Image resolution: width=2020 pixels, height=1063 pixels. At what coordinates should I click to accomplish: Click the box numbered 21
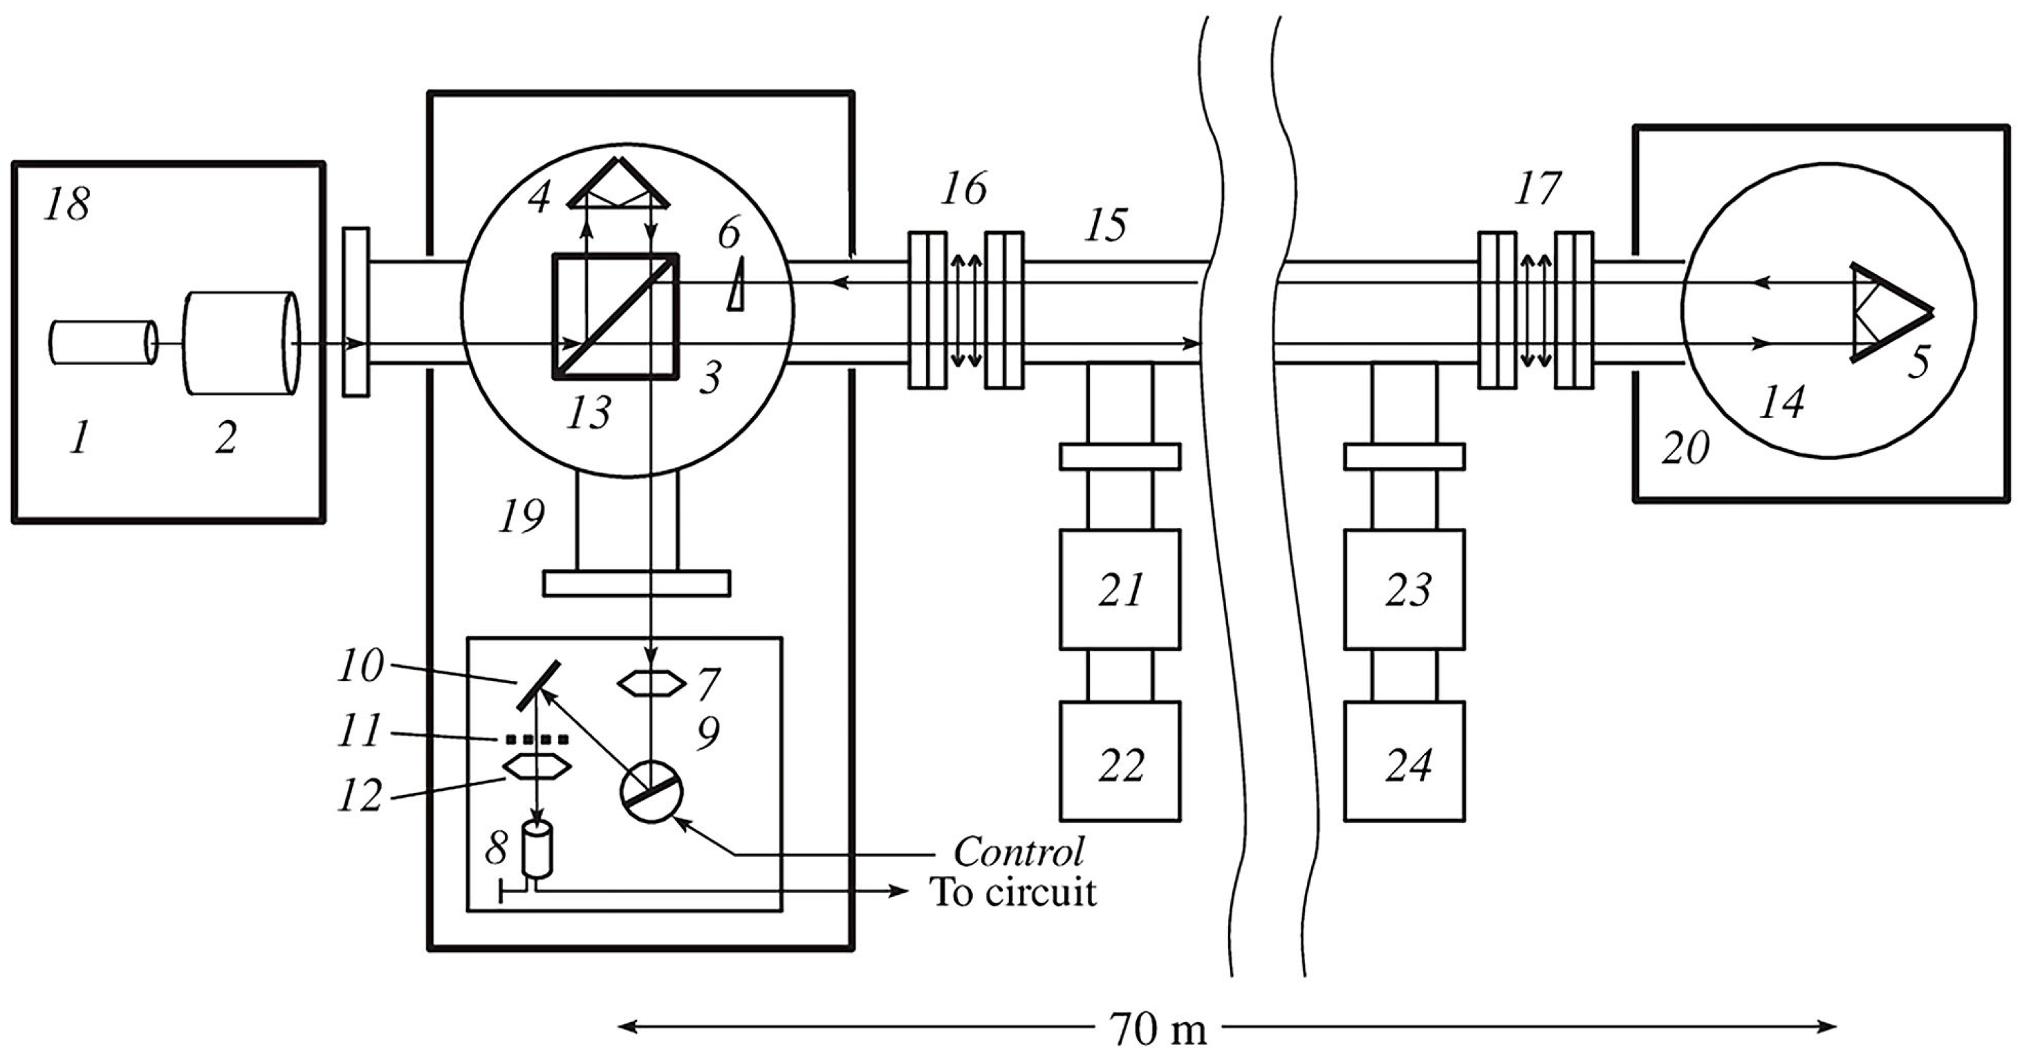click(x=1120, y=590)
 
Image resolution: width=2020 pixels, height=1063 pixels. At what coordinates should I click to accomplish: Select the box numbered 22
click(x=1120, y=761)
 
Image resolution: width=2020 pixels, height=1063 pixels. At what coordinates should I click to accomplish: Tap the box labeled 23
click(x=1405, y=590)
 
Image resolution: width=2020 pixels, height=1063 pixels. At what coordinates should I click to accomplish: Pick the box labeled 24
click(x=1405, y=761)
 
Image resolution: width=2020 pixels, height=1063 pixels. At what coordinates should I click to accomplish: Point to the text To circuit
click(x=1013, y=893)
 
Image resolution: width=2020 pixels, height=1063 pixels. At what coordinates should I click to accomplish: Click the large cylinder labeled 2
click(x=239, y=343)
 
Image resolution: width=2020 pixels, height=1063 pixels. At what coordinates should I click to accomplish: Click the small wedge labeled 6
click(x=736, y=287)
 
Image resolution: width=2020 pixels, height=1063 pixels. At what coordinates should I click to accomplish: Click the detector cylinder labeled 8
click(x=537, y=849)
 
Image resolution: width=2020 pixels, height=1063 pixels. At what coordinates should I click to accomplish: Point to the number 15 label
click(x=1106, y=225)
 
